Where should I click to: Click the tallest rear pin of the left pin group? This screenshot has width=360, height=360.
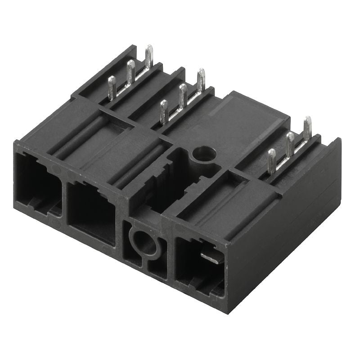click(149, 57)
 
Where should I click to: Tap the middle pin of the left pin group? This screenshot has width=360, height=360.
click(130, 72)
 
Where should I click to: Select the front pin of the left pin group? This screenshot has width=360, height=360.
click(112, 87)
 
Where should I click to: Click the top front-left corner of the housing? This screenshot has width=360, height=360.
click(15, 143)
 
